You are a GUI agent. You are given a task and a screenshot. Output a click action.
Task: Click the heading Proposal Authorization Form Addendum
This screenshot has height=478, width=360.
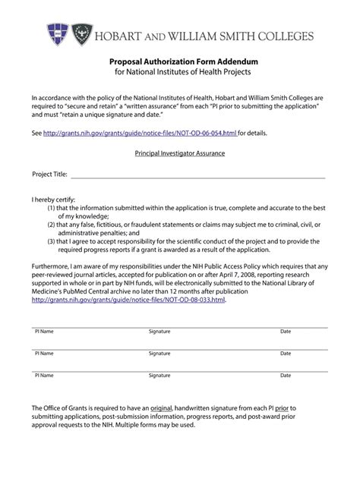click(x=180, y=60)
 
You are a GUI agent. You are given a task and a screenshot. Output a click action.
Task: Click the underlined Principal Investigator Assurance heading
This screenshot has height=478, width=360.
click(x=180, y=153)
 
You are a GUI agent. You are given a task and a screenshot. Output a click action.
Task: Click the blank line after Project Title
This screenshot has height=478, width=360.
click(x=197, y=175)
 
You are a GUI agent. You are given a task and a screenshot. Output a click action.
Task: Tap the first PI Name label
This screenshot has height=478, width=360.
click(x=44, y=332)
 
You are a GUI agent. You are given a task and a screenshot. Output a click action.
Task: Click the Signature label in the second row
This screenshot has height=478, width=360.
click(x=159, y=354)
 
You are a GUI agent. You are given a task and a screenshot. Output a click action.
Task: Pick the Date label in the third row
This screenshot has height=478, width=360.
click(x=286, y=375)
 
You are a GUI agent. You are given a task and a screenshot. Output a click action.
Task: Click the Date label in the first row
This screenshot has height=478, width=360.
click(x=286, y=332)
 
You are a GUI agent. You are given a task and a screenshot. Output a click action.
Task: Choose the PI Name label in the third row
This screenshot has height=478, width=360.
click(x=44, y=375)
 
